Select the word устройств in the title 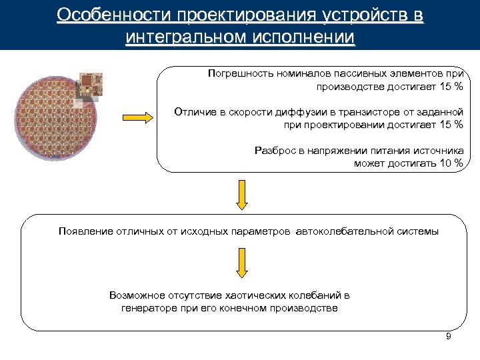(352, 15)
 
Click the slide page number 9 (449, 337)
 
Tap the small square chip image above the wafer (91, 83)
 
